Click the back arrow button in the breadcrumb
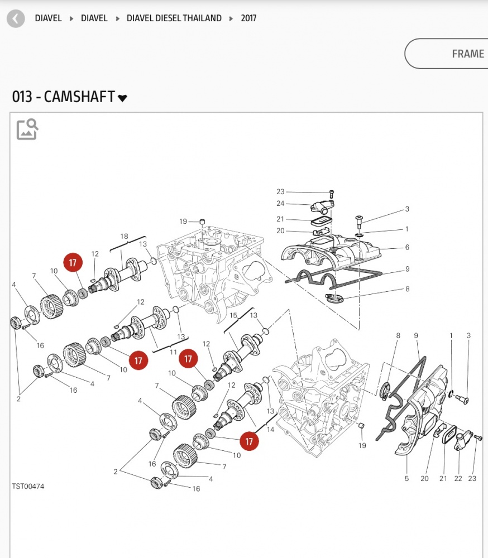click(16, 18)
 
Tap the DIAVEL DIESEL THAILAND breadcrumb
click(174, 18)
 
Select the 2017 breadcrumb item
click(248, 18)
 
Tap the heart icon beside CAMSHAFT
click(123, 98)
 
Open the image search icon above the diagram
click(27, 129)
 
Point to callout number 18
click(124, 237)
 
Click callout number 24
click(280, 204)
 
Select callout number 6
click(407, 247)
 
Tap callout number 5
click(406, 478)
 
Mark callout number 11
click(173, 353)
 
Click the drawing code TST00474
click(28, 487)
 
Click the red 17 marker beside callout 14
click(249, 441)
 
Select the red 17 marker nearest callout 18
click(73, 263)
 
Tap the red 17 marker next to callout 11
click(138, 361)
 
